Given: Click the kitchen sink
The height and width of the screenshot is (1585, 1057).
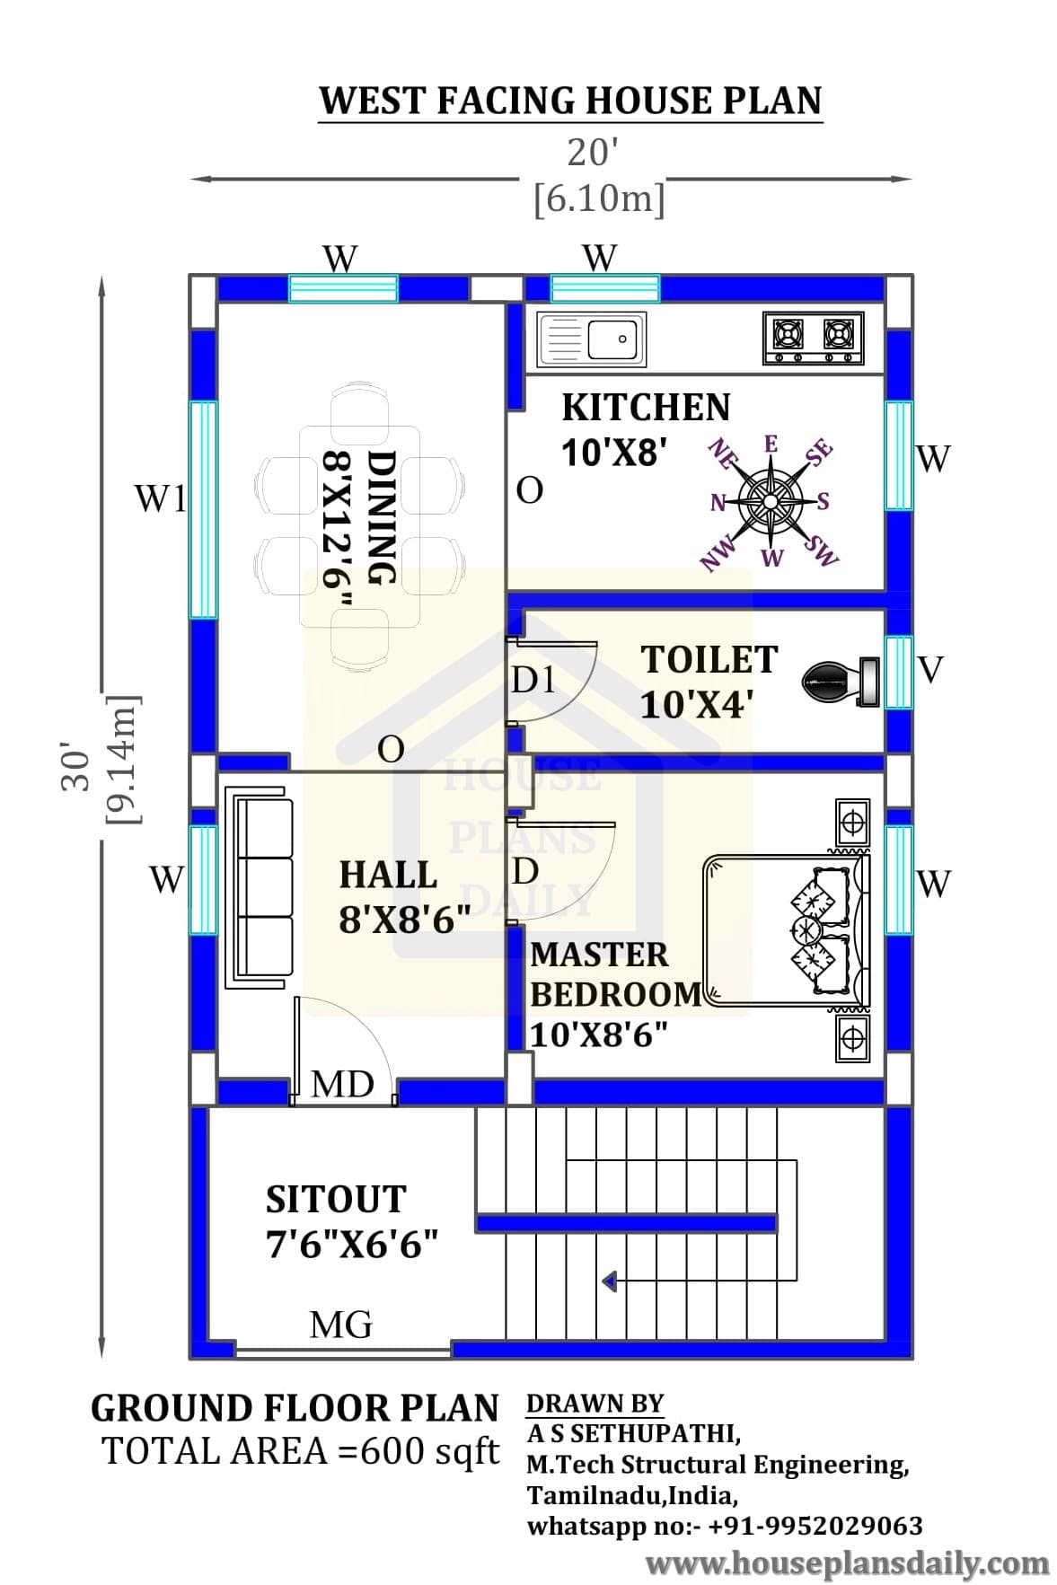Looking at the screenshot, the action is point(590,339).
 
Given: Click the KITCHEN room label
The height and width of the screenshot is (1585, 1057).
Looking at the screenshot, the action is point(646,407).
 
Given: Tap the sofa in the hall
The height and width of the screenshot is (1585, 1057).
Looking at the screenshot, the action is point(260,886).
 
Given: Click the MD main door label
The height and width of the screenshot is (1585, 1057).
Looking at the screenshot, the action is point(342,1084).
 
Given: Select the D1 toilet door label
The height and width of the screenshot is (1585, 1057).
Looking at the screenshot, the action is point(533,680).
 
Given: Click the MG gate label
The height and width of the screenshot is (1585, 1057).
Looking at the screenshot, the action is point(340,1324).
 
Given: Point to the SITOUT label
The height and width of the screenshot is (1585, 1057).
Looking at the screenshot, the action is point(336,1199).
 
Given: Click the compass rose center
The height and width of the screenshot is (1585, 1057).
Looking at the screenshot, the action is point(770,499).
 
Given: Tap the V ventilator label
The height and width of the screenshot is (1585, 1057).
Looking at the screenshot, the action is point(931,669).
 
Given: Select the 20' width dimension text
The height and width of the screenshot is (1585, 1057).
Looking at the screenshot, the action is point(593,153).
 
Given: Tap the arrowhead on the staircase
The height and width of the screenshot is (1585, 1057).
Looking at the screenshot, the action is point(609,1281).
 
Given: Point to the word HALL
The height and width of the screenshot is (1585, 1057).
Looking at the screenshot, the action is point(388,875).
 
